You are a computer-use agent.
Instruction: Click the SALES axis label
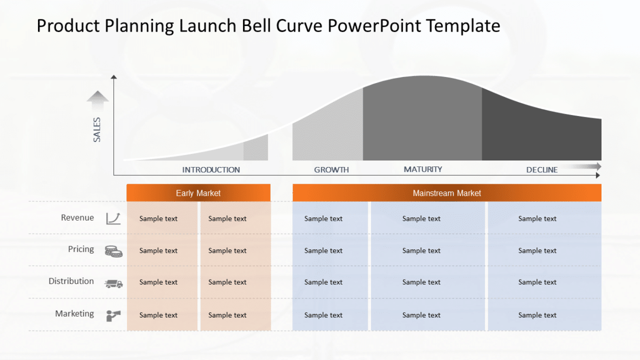(97, 130)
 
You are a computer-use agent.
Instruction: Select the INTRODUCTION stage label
(211, 170)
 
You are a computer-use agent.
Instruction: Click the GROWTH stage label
(331, 170)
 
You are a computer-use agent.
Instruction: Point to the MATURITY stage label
(423, 169)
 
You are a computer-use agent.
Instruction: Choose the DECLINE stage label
(542, 170)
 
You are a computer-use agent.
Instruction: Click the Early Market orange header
(198, 193)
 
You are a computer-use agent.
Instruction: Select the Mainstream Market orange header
(447, 193)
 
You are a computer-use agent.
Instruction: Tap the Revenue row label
(78, 217)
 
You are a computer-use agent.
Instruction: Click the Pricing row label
(81, 249)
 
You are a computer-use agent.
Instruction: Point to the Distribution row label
(71, 281)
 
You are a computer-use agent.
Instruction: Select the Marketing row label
(74, 313)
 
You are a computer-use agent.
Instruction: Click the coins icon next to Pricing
(113, 251)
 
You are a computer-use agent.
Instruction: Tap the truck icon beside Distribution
(113, 283)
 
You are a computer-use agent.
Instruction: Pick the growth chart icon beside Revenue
(113, 218)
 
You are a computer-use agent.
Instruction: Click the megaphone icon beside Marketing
(113, 315)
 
